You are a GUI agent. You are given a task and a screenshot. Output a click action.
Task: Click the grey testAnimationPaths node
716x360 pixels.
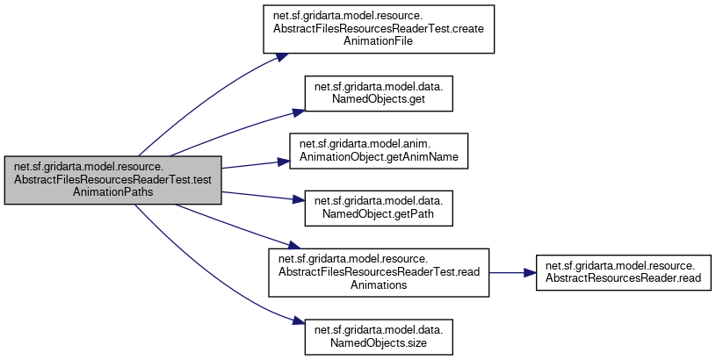112,181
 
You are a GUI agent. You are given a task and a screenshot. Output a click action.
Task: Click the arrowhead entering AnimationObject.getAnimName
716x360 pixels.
284,162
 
